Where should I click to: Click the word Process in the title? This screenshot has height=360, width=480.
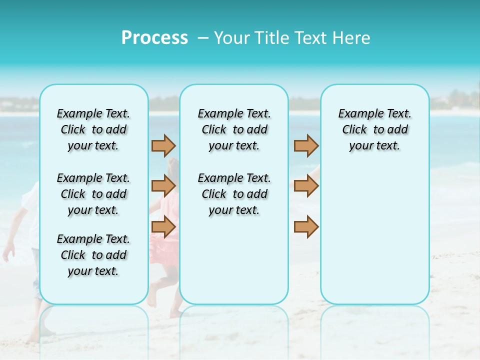(x=154, y=38)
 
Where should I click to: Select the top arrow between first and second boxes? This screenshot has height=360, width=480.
(x=163, y=145)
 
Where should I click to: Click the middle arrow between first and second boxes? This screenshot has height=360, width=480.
(x=163, y=186)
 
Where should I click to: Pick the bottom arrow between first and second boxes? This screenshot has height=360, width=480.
(x=163, y=226)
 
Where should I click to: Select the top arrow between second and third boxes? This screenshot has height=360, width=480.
(x=306, y=145)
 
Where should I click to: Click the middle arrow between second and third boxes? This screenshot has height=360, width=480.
(x=306, y=186)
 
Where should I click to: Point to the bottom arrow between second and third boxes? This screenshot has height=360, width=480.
(x=306, y=226)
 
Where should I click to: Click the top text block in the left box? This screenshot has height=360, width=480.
(x=93, y=129)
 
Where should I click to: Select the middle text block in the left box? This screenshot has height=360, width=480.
(x=93, y=194)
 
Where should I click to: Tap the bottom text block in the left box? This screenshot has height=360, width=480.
(x=93, y=255)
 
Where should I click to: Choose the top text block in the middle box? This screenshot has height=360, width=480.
(x=234, y=129)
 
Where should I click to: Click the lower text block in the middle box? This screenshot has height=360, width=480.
(x=234, y=194)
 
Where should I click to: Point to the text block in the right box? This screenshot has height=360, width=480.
(x=375, y=129)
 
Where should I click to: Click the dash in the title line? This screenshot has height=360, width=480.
(x=203, y=38)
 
